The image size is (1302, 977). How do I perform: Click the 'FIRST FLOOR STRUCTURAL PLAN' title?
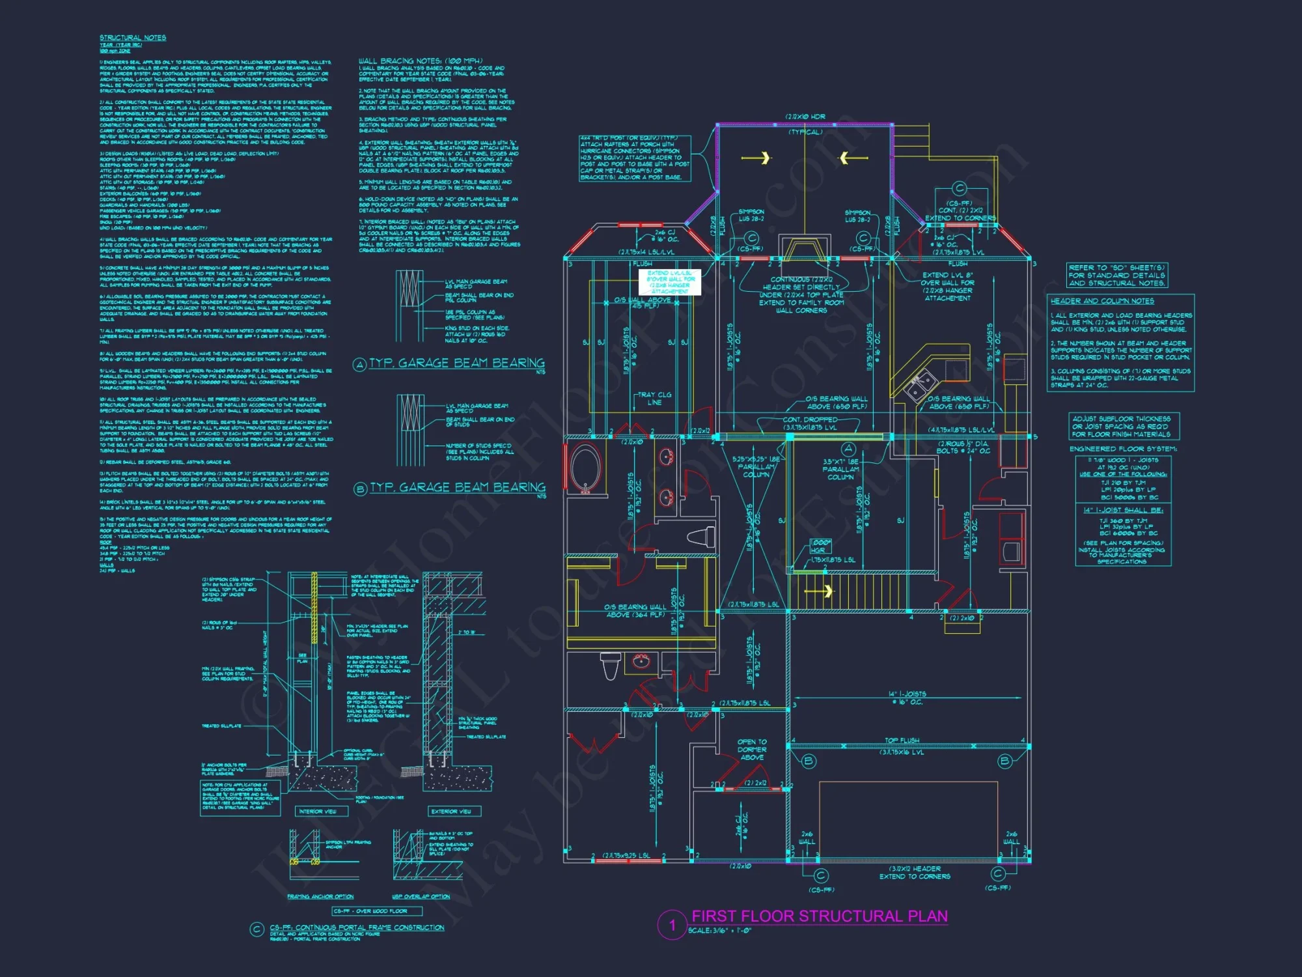click(x=819, y=916)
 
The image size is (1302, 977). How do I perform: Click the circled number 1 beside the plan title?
click(x=672, y=925)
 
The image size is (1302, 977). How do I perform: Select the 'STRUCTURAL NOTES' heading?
click(x=133, y=38)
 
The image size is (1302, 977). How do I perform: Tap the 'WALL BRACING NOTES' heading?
click(x=420, y=61)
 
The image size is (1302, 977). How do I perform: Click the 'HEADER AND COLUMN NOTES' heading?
click(x=1101, y=301)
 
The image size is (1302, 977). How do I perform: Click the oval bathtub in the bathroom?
click(x=586, y=467)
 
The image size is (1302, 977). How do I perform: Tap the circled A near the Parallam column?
click(x=848, y=449)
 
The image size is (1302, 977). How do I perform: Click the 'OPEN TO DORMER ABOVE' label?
click(x=752, y=750)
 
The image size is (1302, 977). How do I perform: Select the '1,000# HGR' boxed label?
click(x=820, y=546)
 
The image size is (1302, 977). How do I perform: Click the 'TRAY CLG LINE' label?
click(x=654, y=399)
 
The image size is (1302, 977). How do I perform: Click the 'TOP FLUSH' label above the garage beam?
click(x=902, y=741)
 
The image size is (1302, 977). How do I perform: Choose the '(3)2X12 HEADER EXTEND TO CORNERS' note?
click(x=915, y=873)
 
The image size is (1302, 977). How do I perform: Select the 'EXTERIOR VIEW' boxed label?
click(x=454, y=812)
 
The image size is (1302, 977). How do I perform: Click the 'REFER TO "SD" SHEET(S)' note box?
click(x=1116, y=276)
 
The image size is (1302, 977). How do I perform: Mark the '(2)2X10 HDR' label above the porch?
click(x=805, y=117)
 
